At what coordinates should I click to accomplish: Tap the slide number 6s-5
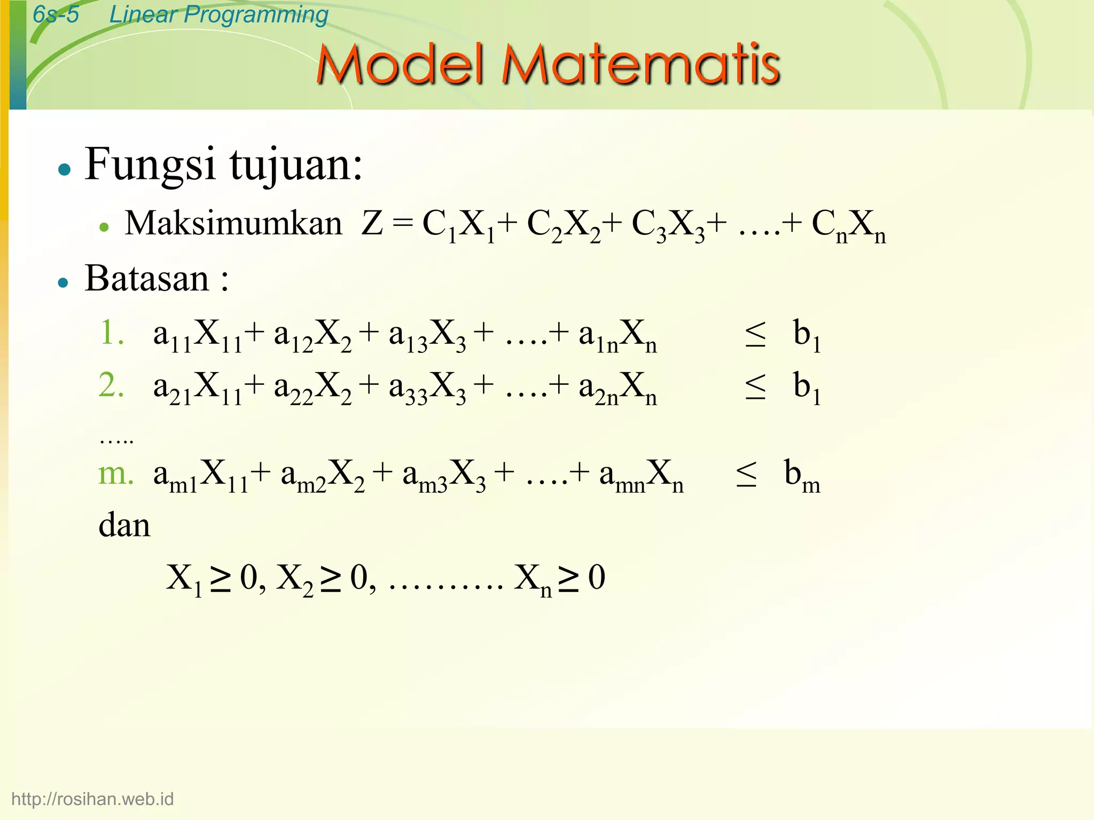[56, 14]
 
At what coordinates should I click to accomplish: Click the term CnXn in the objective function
[848, 225]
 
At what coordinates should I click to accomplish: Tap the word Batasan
[147, 279]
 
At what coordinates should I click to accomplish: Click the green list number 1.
[112, 333]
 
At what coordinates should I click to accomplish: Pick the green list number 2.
[112, 385]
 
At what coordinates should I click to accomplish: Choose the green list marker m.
[115, 474]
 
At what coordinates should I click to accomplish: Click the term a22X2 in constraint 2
[312, 388]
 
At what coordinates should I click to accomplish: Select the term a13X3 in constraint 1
[427, 335]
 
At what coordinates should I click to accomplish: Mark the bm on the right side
[802, 475]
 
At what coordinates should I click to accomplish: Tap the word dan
[124, 525]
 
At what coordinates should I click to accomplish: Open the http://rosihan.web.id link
[92, 799]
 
